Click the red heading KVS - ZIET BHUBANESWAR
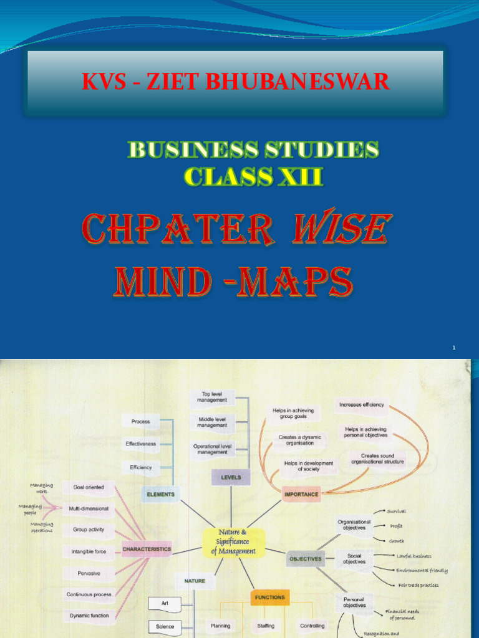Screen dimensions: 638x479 click(x=236, y=82)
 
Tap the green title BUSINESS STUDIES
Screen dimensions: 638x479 click(x=253, y=150)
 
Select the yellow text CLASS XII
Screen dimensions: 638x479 click(x=253, y=178)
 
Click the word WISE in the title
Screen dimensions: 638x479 click(x=344, y=229)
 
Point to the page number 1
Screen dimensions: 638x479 click(x=455, y=347)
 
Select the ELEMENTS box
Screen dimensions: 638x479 click(x=160, y=494)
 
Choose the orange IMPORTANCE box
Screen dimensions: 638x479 click(x=301, y=494)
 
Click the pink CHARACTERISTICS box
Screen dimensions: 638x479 click(x=147, y=549)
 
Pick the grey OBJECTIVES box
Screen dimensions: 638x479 click(x=305, y=559)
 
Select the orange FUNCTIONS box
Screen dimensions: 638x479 click(x=269, y=597)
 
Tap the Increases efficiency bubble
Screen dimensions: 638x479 click(x=361, y=404)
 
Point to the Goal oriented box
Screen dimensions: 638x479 click(x=89, y=487)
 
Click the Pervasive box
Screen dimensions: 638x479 click(x=89, y=573)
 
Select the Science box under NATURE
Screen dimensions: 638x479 click(x=165, y=626)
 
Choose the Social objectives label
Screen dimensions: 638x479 click(x=354, y=558)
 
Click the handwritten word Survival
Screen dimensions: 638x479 click(x=396, y=512)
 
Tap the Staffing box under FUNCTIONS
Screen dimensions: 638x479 click(x=266, y=626)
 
